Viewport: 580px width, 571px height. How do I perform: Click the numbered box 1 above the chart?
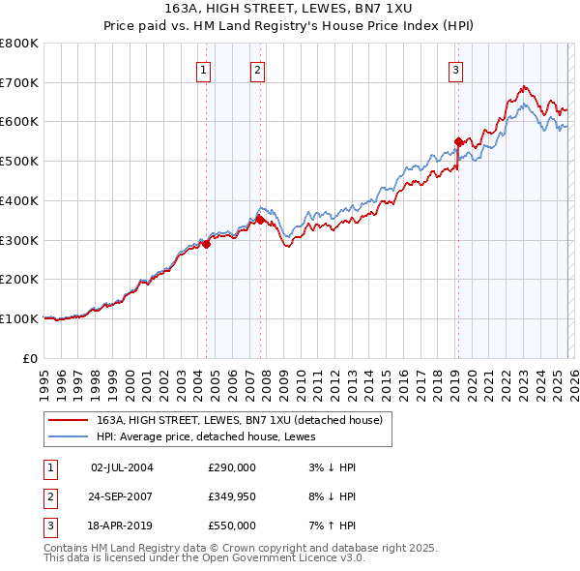coord(205,69)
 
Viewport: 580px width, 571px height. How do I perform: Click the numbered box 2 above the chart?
coord(258,69)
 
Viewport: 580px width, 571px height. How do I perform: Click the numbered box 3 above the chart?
coord(455,69)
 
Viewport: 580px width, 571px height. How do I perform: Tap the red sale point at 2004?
coord(206,244)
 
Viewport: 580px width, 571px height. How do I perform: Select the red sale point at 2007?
coord(260,220)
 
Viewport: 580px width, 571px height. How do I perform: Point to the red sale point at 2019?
coord(458,141)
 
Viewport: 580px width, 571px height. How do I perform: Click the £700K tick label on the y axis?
coord(19,82)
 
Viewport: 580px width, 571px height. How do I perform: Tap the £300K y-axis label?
coord(19,240)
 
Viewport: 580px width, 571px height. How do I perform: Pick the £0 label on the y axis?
coord(30,358)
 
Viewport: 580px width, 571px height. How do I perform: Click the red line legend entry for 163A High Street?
coord(240,420)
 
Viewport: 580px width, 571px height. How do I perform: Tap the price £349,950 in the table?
coord(232,496)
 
